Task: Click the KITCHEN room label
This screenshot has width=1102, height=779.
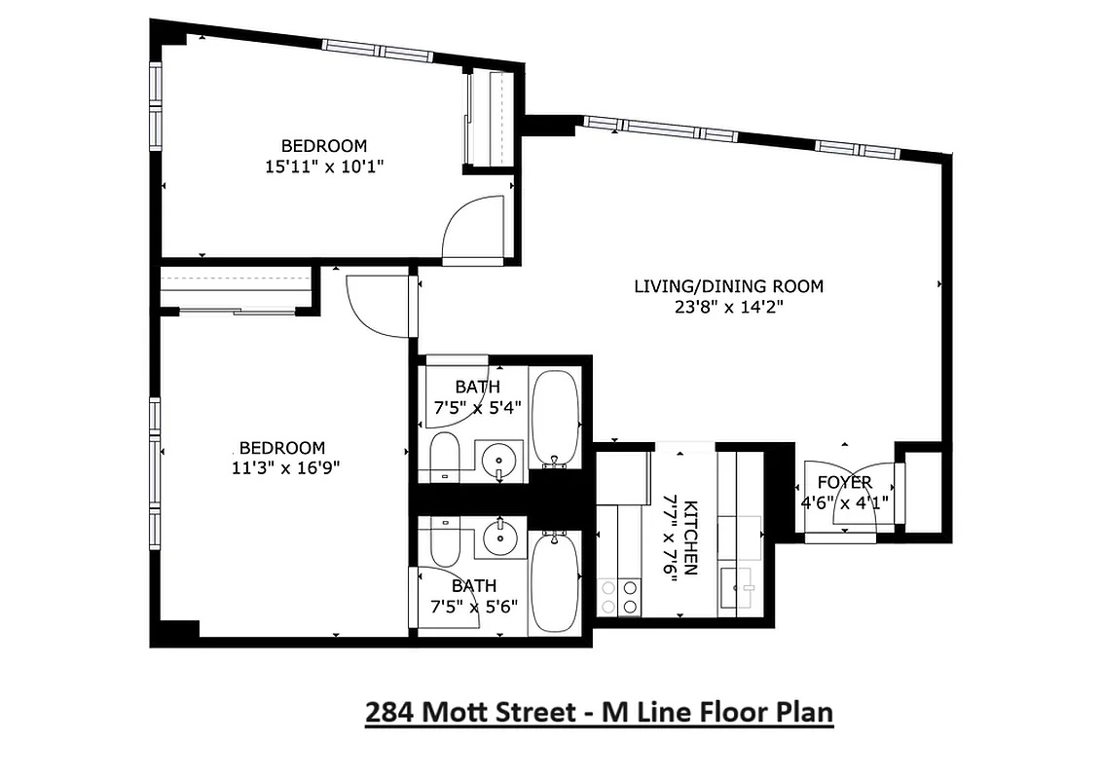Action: (690, 538)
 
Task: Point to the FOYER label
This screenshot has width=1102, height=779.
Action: (844, 483)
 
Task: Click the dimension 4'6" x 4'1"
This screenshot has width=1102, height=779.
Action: (844, 503)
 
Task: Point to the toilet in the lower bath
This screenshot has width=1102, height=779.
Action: (444, 540)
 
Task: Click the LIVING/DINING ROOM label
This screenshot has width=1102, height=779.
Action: (728, 286)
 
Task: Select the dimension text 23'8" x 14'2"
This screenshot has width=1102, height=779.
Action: (728, 307)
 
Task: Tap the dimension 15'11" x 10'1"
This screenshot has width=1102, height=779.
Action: (324, 167)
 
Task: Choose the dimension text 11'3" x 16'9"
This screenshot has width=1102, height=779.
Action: (282, 467)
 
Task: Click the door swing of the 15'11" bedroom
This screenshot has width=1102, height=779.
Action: (473, 230)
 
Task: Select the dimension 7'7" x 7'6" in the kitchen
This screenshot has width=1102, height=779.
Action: (670, 538)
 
